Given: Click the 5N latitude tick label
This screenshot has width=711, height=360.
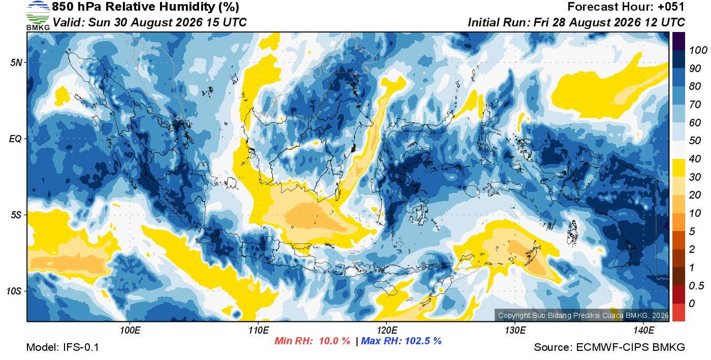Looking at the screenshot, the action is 16,62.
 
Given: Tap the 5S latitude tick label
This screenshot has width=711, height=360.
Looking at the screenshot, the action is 16,215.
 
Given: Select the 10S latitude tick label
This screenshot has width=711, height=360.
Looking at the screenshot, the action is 14,291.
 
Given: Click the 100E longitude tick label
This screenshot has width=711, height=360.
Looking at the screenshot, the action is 130,331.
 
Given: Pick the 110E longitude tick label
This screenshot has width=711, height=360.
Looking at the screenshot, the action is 258,331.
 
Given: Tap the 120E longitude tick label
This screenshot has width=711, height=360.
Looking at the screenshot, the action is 387,331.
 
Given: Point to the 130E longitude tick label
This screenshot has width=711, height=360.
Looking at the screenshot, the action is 515,331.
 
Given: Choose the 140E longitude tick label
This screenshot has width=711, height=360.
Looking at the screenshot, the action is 643,331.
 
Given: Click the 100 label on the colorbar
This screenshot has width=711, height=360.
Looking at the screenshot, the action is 698,50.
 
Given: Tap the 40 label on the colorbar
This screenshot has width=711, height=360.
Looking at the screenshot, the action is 695,159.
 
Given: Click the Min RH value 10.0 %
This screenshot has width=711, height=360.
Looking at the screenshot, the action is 335,341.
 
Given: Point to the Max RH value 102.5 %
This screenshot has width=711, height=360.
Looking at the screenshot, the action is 424,341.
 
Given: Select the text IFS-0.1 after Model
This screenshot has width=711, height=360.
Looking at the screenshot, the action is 81,347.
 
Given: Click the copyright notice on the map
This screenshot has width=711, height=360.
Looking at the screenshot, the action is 583,315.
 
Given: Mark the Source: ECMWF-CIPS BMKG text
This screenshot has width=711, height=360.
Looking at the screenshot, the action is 609,347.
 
